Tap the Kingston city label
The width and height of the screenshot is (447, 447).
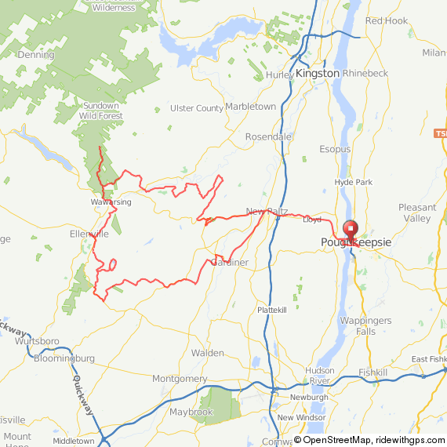pos(318,73)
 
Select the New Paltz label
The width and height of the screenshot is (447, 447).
pos(267,212)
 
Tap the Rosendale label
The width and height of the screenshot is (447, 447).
pos(268,136)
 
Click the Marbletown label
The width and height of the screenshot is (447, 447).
pos(250,107)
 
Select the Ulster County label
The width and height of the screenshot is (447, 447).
pos(197,108)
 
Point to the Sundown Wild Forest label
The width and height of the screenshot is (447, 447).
pos(101,111)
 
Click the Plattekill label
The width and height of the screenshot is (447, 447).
pos(273,311)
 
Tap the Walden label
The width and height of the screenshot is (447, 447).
pos(207,354)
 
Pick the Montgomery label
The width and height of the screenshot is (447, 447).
pos(180,379)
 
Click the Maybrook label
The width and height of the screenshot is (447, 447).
pos(191,412)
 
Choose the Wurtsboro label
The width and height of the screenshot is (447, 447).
pos(38,341)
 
